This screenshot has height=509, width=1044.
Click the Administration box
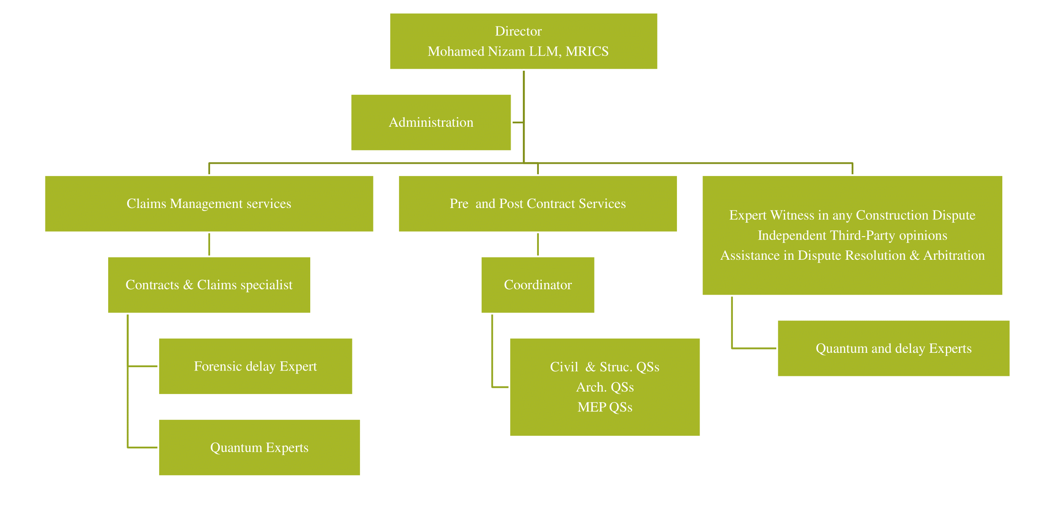[x=431, y=123]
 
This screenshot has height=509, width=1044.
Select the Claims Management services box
[x=209, y=204]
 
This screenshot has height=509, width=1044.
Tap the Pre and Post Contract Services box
[x=538, y=204]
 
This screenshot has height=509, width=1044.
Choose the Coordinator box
[x=538, y=285]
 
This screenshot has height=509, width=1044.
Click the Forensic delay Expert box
[x=255, y=366]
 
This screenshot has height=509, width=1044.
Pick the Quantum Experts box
[x=259, y=448]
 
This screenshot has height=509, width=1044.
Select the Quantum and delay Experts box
[x=893, y=349]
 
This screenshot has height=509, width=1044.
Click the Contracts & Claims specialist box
[x=209, y=285]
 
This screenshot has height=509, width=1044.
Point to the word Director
[x=518, y=31]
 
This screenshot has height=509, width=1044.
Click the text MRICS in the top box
[x=587, y=51]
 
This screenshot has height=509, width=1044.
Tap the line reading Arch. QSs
[x=605, y=387]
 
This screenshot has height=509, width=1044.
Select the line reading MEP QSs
[x=605, y=407]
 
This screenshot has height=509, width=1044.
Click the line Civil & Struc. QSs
[x=605, y=367]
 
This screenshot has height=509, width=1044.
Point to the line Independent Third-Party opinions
[x=852, y=235]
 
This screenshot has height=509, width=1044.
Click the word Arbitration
[x=954, y=256]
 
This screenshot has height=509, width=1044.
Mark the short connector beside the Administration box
[x=517, y=123]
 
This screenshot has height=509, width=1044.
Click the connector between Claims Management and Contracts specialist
[x=209, y=244]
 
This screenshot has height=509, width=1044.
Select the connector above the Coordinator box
[x=538, y=244]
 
